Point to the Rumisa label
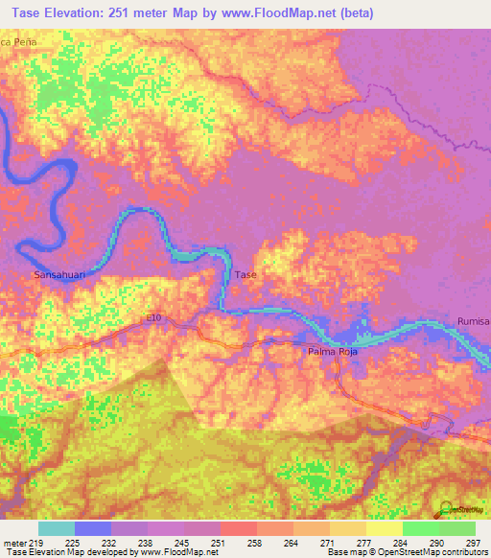[x=474, y=321]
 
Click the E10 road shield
[x=156, y=317]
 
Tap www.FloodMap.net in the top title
[x=276, y=12]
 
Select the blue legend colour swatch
[x=92, y=528]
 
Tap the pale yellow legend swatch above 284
[x=384, y=528]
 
